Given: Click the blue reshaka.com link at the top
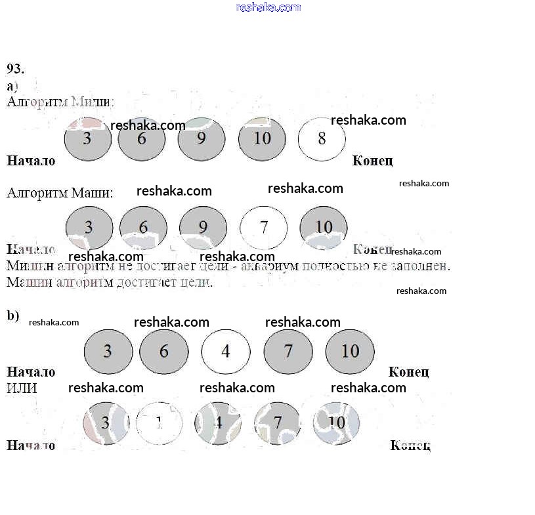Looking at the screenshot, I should [268, 7].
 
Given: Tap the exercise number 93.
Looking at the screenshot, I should [16, 68].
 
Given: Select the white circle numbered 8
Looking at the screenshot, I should [322, 138].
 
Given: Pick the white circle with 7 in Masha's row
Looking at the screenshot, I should [264, 228].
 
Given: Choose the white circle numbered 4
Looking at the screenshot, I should [225, 351].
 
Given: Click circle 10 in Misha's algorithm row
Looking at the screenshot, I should [262, 138].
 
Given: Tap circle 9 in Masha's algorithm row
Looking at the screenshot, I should [203, 228].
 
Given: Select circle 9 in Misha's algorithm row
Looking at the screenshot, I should [201, 138].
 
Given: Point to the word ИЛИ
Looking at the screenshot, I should [22, 388].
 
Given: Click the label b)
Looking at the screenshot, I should [13, 316].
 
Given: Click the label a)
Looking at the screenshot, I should [12, 86].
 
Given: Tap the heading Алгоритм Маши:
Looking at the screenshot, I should [60, 193].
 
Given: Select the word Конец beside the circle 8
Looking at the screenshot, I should [372, 161].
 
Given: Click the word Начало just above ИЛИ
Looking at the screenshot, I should [31, 372].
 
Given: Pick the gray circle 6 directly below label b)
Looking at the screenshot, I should [164, 351].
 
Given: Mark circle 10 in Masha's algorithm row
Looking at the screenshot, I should [324, 228].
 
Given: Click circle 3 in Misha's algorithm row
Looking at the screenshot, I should [88, 138].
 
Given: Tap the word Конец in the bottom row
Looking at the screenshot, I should [410, 445].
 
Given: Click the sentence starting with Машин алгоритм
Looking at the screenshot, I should [110, 283].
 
